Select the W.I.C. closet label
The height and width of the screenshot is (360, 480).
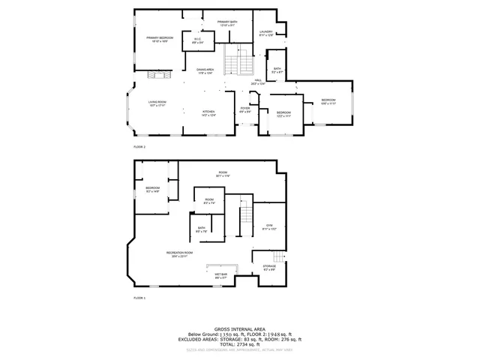click(197, 40)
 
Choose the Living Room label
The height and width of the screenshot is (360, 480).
click(157, 103)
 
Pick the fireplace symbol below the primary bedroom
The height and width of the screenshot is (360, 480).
click(158, 74)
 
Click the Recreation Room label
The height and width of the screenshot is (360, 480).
click(176, 254)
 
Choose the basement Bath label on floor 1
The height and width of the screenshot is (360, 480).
click(202, 229)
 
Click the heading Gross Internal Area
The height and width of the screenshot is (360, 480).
click(239, 328)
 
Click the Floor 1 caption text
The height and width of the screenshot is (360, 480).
click(139, 298)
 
